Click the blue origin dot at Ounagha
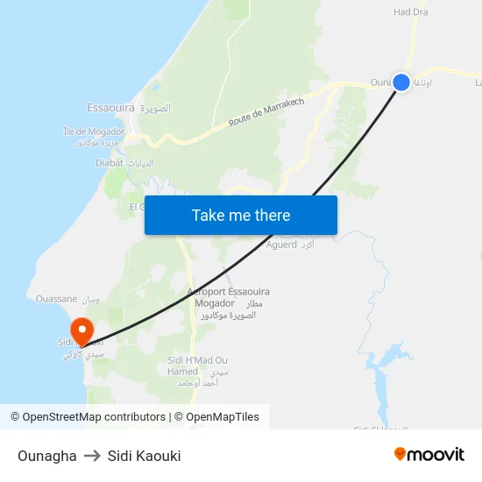pyautogui.click(x=401, y=82)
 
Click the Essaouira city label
pyautogui.click(x=110, y=108)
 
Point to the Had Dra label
pyautogui.click(x=410, y=12)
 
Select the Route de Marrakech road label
pyautogui.click(x=266, y=112)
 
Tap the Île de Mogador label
pyautogui.click(x=95, y=131)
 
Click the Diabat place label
pyautogui.click(x=111, y=163)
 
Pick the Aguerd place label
pyautogui.click(x=281, y=245)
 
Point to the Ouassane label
pyautogui.click(x=56, y=299)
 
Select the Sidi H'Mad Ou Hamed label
pyautogui.click(x=197, y=365)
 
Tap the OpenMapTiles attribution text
pyautogui.click(x=223, y=417)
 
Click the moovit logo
pyautogui.click(x=429, y=454)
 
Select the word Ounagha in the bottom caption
pyautogui.click(x=46, y=456)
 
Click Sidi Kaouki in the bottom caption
pyautogui.click(x=144, y=456)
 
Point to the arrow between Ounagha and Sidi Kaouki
pyautogui.click(x=92, y=456)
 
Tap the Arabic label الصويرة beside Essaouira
pyautogui.click(x=155, y=108)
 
